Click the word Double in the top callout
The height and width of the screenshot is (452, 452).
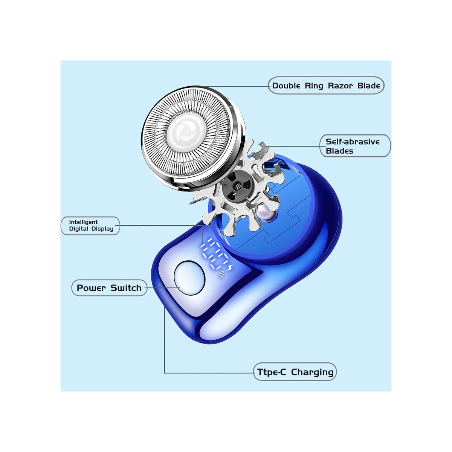pyautogui.click(x=286, y=86)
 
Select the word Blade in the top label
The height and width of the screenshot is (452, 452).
pyautogui.click(x=368, y=86)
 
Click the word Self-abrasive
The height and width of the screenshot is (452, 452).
pyautogui.click(x=353, y=142)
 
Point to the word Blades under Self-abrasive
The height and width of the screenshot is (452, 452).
pyautogui.click(x=339, y=151)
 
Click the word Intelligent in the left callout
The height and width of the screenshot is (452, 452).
pyautogui.click(x=83, y=222)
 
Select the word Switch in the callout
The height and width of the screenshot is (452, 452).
pyautogui.click(x=126, y=288)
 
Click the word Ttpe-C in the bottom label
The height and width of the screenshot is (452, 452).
pyautogui.click(x=271, y=372)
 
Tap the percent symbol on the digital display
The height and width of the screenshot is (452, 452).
pyautogui.click(x=220, y=275)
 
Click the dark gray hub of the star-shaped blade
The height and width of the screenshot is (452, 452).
pyautogui.click(x=238, y=186)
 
